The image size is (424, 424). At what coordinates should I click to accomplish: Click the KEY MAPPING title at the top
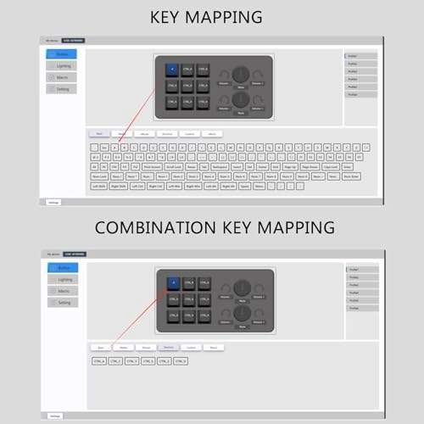[x=206, y=17]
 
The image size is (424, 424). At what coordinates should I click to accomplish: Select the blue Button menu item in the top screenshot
[x=63, y=54]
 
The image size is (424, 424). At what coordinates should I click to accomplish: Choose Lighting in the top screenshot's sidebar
[x=63, y=65]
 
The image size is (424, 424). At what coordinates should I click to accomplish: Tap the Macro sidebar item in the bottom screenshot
[x=63, y=291]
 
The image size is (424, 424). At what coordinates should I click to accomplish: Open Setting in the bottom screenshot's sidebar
[x=63, y=302]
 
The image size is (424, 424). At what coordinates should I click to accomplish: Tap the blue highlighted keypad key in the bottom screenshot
[x=173, y=282]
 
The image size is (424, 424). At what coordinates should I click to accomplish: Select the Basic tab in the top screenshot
[x=99, y=133]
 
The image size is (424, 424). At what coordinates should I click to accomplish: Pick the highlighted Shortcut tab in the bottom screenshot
[x=168, y=347]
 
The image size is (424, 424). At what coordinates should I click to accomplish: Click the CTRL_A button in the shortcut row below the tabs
[x=99, y=361]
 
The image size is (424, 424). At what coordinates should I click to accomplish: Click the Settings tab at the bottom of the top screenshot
[x=53, y=203]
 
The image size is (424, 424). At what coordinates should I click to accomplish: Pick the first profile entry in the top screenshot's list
[x=360, y=56]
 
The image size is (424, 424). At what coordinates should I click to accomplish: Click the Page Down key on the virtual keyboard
[x=310, y=167]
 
